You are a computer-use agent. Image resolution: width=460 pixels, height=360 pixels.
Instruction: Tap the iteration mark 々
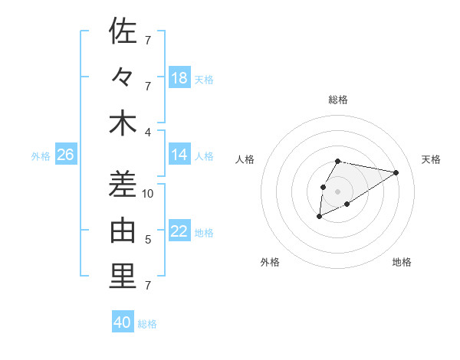pyautogui.click(x=123, y=77)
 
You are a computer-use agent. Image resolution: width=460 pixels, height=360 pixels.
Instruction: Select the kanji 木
pyautogui.click(x=123, y=123)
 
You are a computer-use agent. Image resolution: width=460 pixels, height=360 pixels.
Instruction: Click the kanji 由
pyautogui.click(x=123, y=231)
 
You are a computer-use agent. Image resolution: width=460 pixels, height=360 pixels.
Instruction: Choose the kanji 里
pyautogui.click(x=123, y=277)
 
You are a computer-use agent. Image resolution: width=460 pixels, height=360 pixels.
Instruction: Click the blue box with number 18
pyautogui.click(x=179, y=78)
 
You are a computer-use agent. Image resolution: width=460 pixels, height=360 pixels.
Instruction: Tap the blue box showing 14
pyautogui.click(x=179, y=155)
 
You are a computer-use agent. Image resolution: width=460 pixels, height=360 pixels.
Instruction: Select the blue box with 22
pyautogui.click(x=179, y=231)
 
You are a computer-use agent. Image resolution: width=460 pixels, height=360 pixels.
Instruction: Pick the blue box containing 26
pyautogui.click(x=65, y=155)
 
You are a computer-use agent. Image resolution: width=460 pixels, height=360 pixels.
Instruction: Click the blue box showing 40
pyautogui.click(x=123, y=322)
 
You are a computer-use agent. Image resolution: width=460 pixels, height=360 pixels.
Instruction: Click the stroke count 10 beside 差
pyautogui.click(x=148, y=194)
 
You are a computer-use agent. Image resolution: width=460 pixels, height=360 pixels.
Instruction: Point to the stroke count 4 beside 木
pyautogui.click(x=148, y=133)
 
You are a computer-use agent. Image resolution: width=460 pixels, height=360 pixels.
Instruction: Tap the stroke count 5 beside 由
pyautogui.click(x=148, y=240)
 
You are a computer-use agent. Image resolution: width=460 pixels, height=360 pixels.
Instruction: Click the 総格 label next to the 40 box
pyautogui.click(x=147, y=324)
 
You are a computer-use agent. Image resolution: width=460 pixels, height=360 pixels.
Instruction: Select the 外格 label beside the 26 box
pyautogui.click(x=41, y=156)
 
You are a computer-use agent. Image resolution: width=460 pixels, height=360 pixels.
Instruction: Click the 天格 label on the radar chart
pyautogui.click(x=431, y=159)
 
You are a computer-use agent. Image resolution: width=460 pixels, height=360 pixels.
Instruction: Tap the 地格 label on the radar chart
pyautogui.click(x=402, y=262)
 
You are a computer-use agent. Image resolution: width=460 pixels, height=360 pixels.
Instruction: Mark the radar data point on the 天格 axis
pyautogui.click(x=396, y=172)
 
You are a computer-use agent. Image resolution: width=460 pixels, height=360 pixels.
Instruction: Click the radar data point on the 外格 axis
pyautogui.click(x=320, y=218)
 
